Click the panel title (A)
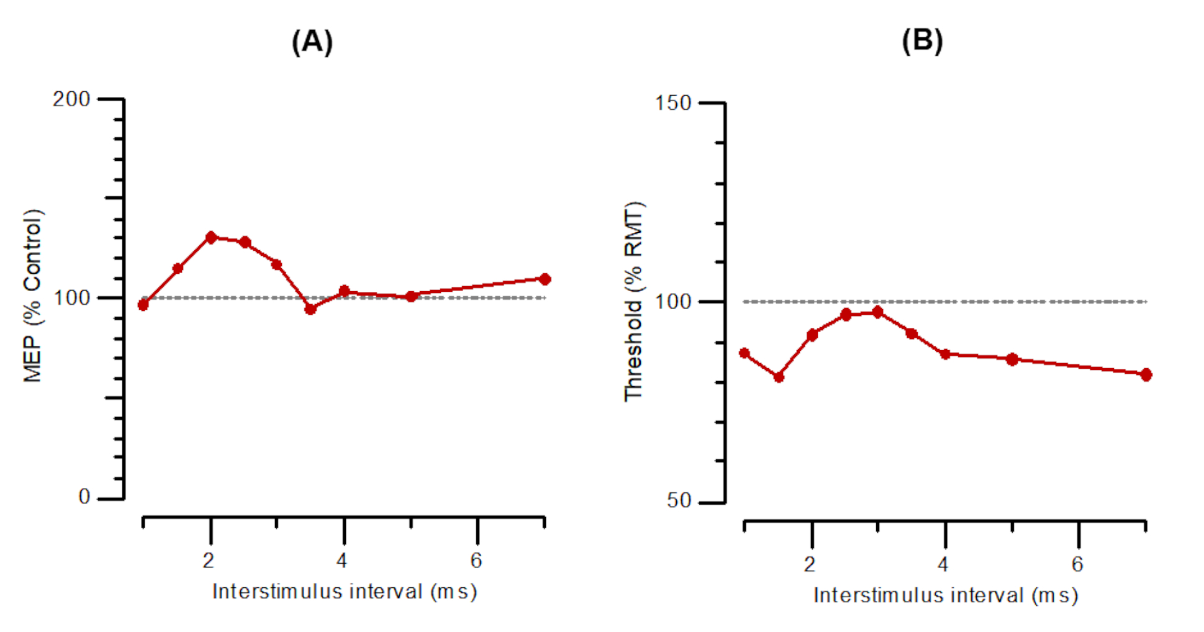coord(312,42)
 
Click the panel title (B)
coord(922,41)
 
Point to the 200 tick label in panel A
coord(71,99)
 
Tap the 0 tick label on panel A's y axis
coord(84,497)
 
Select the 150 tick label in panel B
coord(673,103)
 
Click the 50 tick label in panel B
coord(679,500)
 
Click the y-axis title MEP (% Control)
coord(32,296)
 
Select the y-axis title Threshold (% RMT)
coord(634,302)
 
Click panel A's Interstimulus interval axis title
coord(345,592)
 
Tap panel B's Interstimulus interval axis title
coord(946,595)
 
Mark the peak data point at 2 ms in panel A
coord(211,237)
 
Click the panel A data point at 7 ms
coord(545,279)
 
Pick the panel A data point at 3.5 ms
coord(310,309)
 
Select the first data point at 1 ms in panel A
coord(143,305)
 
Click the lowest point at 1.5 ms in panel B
coord(779,377)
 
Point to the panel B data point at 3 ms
coord(877,312)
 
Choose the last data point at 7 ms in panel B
coord(1146,374)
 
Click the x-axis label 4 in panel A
coord(342,561)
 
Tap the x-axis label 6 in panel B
coord(1077,564)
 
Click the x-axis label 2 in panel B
coord(810,564)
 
